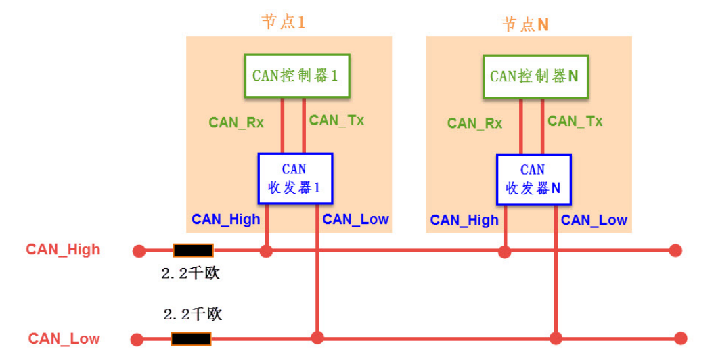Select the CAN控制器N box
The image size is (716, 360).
535,76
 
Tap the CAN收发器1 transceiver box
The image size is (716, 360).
295,179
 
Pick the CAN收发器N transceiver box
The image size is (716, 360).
533,179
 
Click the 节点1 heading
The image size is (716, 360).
284,22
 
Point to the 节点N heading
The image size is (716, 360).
524,24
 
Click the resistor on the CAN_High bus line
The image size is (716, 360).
193,250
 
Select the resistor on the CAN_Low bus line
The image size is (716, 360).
191,338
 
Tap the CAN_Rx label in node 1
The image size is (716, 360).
236,122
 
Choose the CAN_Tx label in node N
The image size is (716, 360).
575,121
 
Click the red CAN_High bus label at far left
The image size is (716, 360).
63,249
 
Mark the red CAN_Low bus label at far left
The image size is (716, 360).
64,338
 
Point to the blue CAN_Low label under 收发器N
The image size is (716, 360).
594,220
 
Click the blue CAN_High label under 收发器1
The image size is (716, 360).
225,219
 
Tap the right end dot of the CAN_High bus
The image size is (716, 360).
675,251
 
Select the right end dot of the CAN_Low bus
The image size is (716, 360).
680,338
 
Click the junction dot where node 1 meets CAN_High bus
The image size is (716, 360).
267,251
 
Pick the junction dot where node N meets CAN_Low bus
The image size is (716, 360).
556,338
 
